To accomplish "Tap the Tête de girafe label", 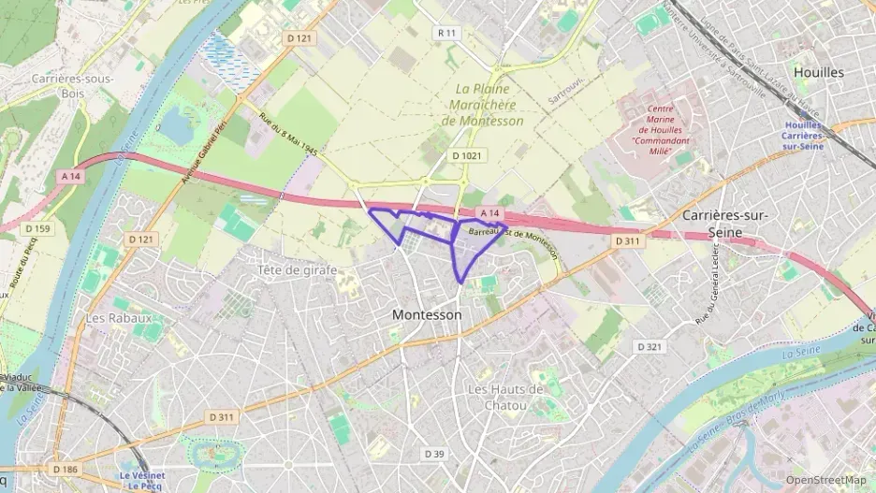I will coord(298,269).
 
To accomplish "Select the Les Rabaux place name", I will coord(118,318).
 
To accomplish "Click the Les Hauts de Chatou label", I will coord(505,398).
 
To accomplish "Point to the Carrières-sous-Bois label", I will coord(71,86).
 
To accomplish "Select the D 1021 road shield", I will coord(467,156).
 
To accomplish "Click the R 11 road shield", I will coord(447,33).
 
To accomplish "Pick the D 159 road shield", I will coord(38,228).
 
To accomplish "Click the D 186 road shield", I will coord(66,469).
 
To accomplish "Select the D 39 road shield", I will coord(433,454).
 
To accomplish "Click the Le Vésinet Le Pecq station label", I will coord(142,480).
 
